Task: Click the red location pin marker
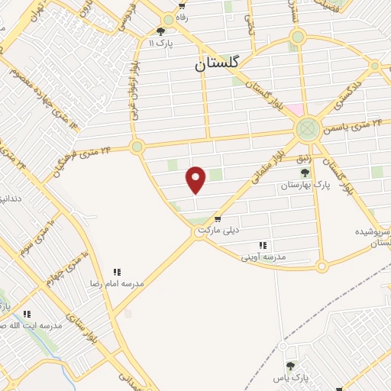(196, 179)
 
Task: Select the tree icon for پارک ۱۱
(160, 31)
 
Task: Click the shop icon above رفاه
(182, 7)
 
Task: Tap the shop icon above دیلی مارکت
(218, 219)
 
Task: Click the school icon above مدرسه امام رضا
(117, 271)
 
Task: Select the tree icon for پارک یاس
(289, 366)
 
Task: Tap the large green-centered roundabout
(307, 128)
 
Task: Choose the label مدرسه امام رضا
(117, 283)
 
